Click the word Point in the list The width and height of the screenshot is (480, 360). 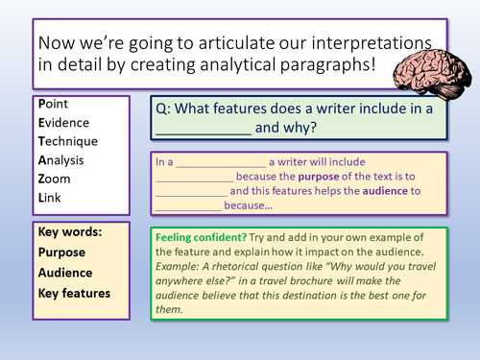click(x=55, y=104)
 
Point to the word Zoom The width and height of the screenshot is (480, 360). click(x=55, y=179)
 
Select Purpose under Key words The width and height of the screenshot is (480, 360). click(x=64, y=252)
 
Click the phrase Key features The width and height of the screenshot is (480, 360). click(x=75, y=293)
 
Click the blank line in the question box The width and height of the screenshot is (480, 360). click(x=204, y=130)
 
